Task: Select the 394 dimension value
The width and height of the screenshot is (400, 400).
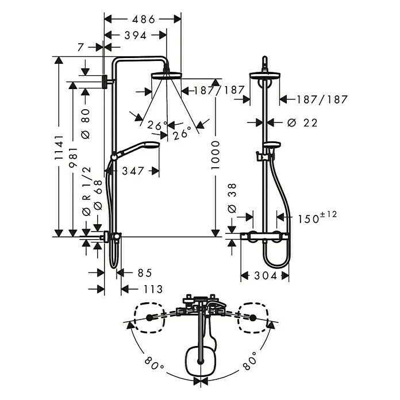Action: pyautogui.click(x=132, y=36)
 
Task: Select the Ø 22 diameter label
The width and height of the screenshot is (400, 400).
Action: pyautogui.click(x=302, y=122)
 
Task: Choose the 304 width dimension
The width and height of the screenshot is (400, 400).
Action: pyautogui.click(x=266, y=276)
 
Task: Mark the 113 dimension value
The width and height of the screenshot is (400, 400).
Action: pyautogui.click(x=151, y=289)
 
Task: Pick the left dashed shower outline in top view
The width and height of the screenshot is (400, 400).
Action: pyautogui.click(x=149, y=318)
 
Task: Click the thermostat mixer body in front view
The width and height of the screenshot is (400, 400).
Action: pyautogui.click(x=265, y=236)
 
